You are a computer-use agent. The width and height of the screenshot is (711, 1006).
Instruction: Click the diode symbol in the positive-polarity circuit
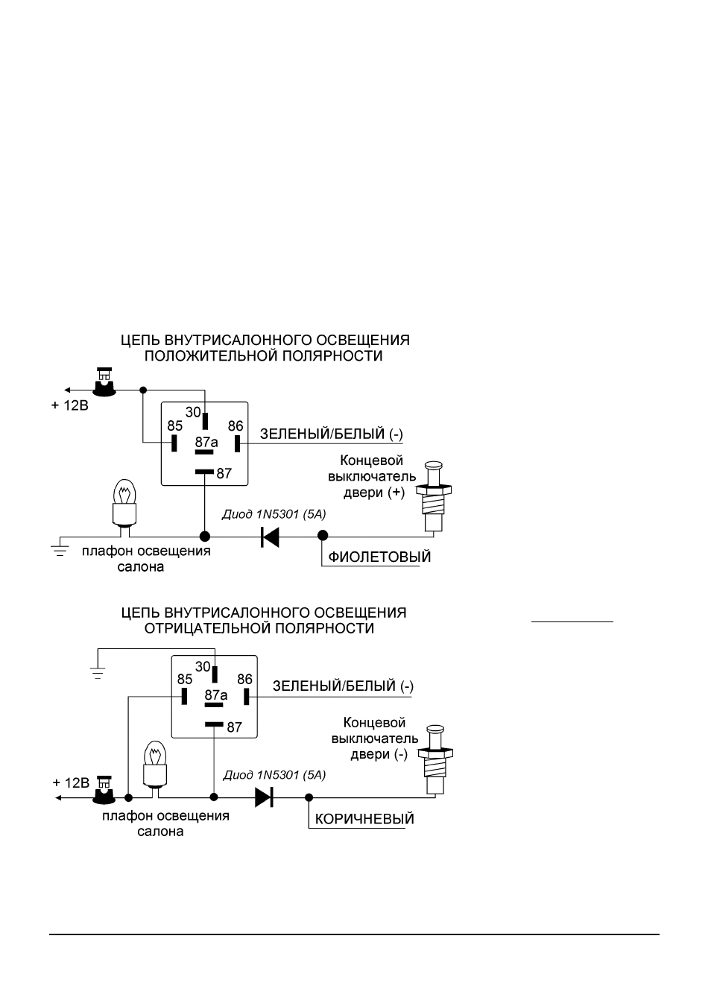pyautogui.click(x=270, y=537)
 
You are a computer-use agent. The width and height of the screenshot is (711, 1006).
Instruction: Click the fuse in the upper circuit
pyautogui.click(x=104, y=382)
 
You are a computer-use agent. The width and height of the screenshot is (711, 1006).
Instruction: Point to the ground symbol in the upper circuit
pyautogui.click(x=60, y=550)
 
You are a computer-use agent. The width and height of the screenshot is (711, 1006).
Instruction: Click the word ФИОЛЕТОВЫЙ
pyautogui.click(x=379, y=557)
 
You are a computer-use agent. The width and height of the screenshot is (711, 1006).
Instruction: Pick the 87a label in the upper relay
pyautogui.click(x=206, y=443)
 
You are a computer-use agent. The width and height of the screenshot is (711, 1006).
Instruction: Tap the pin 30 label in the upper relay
pyautogui.click(x=193, y=412)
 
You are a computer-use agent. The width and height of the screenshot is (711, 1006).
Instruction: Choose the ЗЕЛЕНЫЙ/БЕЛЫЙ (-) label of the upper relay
pyautogui.click(x=332, y=434)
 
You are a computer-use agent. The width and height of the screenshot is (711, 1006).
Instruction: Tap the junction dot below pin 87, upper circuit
pyautogui.click(x=204, y=537)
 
